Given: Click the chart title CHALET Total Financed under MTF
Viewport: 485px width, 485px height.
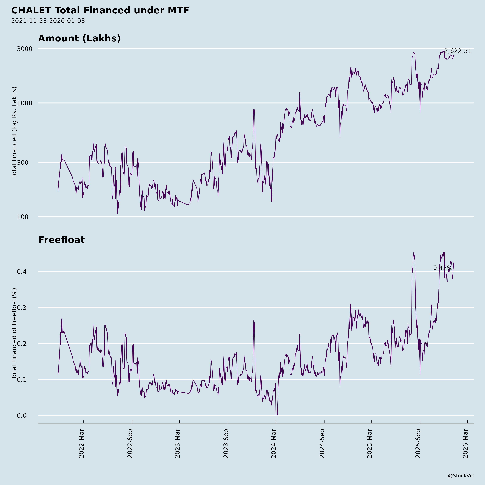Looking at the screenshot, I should click(100, 11).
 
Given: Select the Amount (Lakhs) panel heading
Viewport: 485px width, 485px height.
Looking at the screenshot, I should click(79, 38).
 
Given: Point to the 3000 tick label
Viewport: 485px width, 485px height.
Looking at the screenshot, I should click(25, 49).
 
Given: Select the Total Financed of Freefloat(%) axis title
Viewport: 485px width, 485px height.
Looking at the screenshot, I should click(14, 334).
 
